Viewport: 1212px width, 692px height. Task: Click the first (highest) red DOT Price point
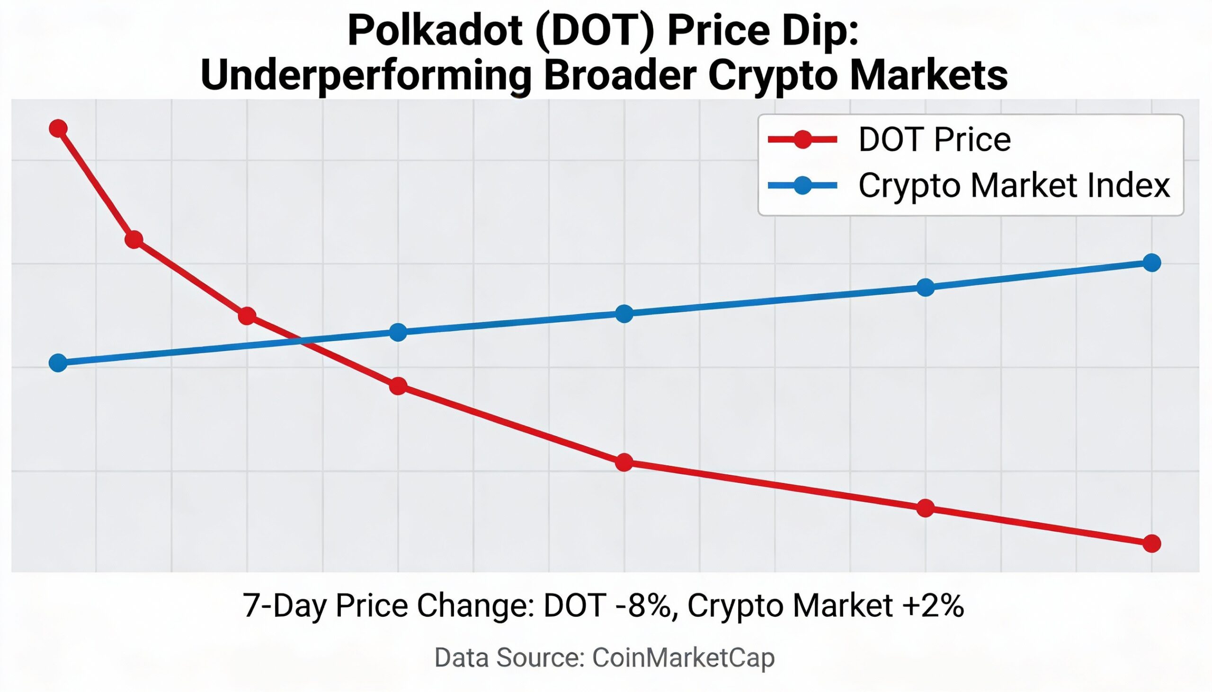pyautogui.click(x=58, y=128)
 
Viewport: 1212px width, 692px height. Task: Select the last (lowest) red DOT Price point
pyautogui.click(x=1151, y=543)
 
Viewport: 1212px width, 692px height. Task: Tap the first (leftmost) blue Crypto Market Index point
pyautogui.click(x=58, y=363)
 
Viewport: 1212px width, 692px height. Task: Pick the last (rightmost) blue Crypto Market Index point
pyautogui.click(x=1151, y=263)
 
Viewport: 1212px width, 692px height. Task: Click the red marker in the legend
pyautogui.click(x=803, y=139)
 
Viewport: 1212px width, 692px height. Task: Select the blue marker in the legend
pyautogui.click(x=803, y=185)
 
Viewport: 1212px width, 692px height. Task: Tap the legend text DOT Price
pyautogui.click(x=934, y=139)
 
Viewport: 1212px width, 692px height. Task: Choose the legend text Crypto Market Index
pyautogui.click(x=1014, y=185)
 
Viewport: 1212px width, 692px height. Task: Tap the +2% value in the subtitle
pyautogui.click(x=935, y=605)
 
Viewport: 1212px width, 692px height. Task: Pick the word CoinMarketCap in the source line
pyautogui.click(x=684, y=658)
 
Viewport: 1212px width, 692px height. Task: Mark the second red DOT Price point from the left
pyautogui.click(x=134, y=239)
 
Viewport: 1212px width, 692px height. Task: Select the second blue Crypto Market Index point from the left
pyautogui.click(x=398, y=332)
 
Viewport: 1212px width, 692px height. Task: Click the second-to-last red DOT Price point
pyautogui.click(x=925, y=508)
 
